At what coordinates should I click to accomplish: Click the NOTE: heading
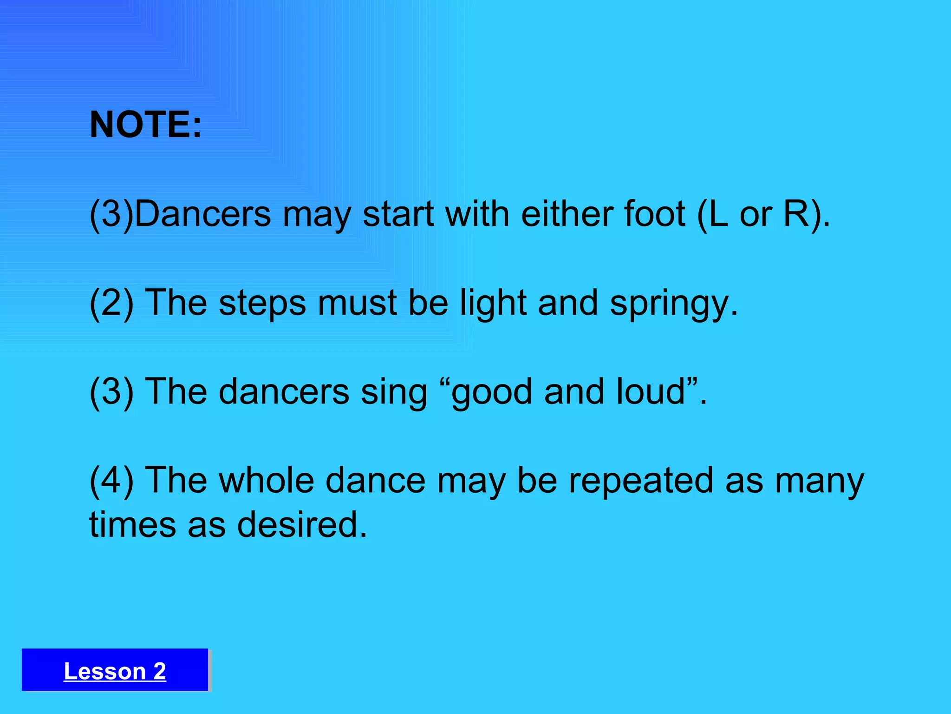coord(146,125)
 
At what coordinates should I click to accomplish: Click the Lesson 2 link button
coord(115,671)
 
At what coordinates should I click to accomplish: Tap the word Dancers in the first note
coord(203,214)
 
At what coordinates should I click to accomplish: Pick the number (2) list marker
coord(111,303)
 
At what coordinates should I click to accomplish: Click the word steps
coord(262,303)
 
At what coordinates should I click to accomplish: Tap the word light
coord(493,303)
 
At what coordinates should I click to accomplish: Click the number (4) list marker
coord(111,480)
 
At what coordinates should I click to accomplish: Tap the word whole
coord(267,480)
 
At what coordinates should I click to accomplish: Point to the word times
coord(132,524)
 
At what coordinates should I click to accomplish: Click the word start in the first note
coord(398,214)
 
